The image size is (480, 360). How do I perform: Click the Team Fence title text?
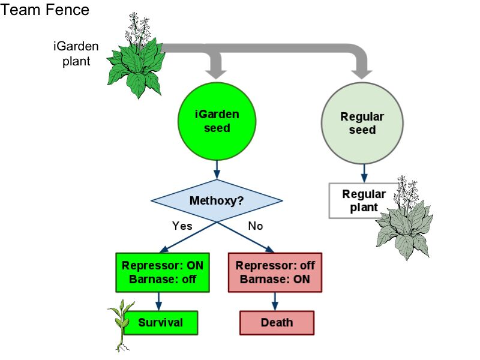[46, 10]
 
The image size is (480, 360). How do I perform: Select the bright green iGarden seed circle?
[217, 121]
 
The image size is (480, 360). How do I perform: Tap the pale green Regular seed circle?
[362, 122]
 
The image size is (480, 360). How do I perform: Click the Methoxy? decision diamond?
[216, 200]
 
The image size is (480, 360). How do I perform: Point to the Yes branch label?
[182, 226]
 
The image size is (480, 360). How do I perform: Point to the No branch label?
[255, 226]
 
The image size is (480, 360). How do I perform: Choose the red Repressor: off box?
[275, 272]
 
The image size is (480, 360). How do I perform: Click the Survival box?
[160, 322]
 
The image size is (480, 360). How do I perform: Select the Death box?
[277, 322]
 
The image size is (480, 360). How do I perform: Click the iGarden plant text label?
[76, 53]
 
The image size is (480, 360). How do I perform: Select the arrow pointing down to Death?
[275, 301]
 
